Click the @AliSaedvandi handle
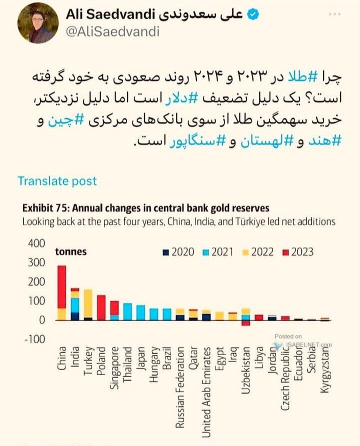pyautogui.click(x=112, y=32)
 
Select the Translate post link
pyautogui.click(x=57, y=181)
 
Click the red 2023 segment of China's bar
pyautogui.click(x=62, y=287)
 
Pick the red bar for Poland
pyautogui.click(x=101, y=307)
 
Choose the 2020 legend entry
pyautogui.click(x=178, y=252)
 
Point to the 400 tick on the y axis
pyautogui.click(x=36, y=243)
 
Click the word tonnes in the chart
pyautogui.click(x=71, y=252)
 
